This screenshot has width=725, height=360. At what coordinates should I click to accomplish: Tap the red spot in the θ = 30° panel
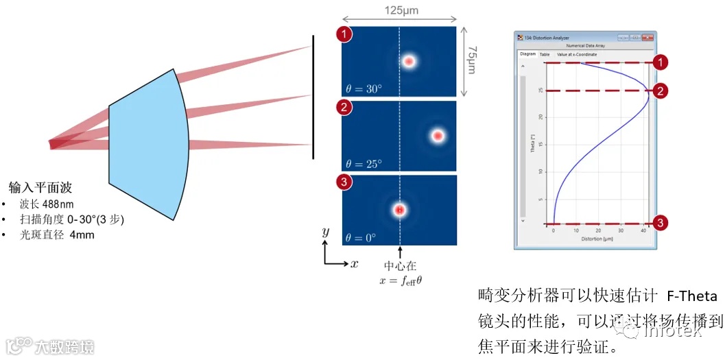tap(409, 62)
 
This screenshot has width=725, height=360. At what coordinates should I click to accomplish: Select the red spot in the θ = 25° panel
tap(438, 136)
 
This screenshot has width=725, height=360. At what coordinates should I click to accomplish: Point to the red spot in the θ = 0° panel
tap(399, 210)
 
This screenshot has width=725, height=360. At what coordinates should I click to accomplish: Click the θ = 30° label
tap(364, 88)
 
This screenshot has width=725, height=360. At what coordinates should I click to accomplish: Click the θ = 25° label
tap(364, 164)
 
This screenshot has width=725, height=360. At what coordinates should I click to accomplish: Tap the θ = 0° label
tap(361, 238)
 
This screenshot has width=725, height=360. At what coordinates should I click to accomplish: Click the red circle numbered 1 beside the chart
tap(660, 63)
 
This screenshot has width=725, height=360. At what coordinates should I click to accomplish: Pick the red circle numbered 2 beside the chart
tap(660, 91)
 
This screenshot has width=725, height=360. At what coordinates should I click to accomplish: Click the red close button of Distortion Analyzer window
tap(647, 37)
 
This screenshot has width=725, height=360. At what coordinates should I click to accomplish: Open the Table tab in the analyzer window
tap(545, 54)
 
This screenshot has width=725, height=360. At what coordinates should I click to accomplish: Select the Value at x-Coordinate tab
tap(577, 54)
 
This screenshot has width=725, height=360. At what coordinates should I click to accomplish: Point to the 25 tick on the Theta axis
tap(541, 91)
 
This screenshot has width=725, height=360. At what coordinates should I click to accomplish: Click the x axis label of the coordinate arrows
tap(354, 264)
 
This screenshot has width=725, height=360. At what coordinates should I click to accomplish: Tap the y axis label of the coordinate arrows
tap(325, 233)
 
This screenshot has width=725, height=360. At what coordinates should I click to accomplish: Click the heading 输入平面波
tap(40, 188)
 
